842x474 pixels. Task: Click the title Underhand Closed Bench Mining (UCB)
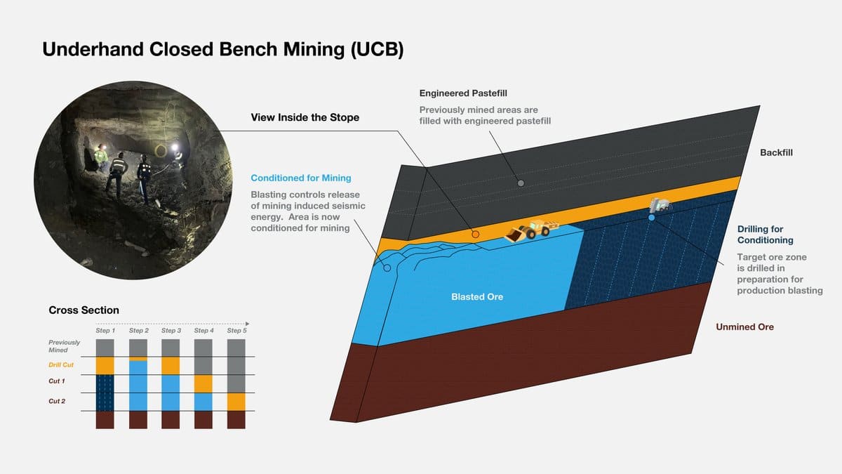click(223, 50)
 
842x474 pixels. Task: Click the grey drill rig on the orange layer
click(660, 204)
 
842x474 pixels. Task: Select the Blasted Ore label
click(477, 297)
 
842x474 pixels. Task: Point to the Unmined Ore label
click(744, 327)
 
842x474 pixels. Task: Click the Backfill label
click(776, 153)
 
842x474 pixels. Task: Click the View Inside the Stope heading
click(305, 117)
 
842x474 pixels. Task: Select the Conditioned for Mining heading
click(300, 178)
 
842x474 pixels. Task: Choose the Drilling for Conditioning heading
click(760, 235)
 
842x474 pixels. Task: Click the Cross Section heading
click(83, 310)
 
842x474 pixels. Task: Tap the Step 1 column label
click(105, 330)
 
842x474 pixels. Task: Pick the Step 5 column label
click(236, 330)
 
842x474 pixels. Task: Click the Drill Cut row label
click(61, 365)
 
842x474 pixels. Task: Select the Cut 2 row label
click(57, 401)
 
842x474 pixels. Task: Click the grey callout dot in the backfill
click(521, 183)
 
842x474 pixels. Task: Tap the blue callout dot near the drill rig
click(651, 218)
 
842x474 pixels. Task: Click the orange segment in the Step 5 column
click(236, 402)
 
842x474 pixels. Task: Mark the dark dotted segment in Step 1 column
click(105, 392)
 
